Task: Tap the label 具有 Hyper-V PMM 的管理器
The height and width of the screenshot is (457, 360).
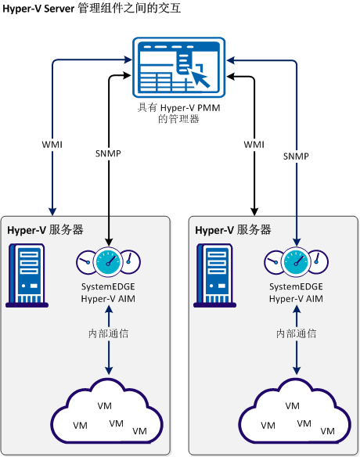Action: point(179,113)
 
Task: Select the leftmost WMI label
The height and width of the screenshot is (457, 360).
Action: point(52,145)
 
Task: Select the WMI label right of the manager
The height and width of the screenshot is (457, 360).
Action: point(254,145)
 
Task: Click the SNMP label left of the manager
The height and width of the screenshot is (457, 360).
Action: point(107,154)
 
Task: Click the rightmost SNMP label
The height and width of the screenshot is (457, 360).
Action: point(296,157)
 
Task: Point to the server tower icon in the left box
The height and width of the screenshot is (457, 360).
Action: point(27,274)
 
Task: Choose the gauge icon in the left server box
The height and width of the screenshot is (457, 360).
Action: point(108,261)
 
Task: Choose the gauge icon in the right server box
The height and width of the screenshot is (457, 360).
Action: point(296,261)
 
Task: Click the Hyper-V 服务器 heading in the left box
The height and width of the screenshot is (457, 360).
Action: point(45,230)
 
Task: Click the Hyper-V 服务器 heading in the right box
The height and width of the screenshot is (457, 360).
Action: point(233,230)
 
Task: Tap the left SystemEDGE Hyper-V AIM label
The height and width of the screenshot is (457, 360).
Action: point(108,292)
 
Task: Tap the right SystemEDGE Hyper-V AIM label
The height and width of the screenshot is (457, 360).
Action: point(296,292)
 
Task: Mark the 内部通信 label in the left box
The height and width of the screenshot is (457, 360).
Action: point(108,333)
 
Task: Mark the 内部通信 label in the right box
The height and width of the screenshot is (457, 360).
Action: point(296,333)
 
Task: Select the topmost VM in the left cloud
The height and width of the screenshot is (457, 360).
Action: point(103,406)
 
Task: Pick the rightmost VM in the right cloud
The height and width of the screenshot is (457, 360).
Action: point(328,431)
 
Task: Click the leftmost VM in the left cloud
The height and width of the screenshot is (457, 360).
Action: point(80,425)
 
